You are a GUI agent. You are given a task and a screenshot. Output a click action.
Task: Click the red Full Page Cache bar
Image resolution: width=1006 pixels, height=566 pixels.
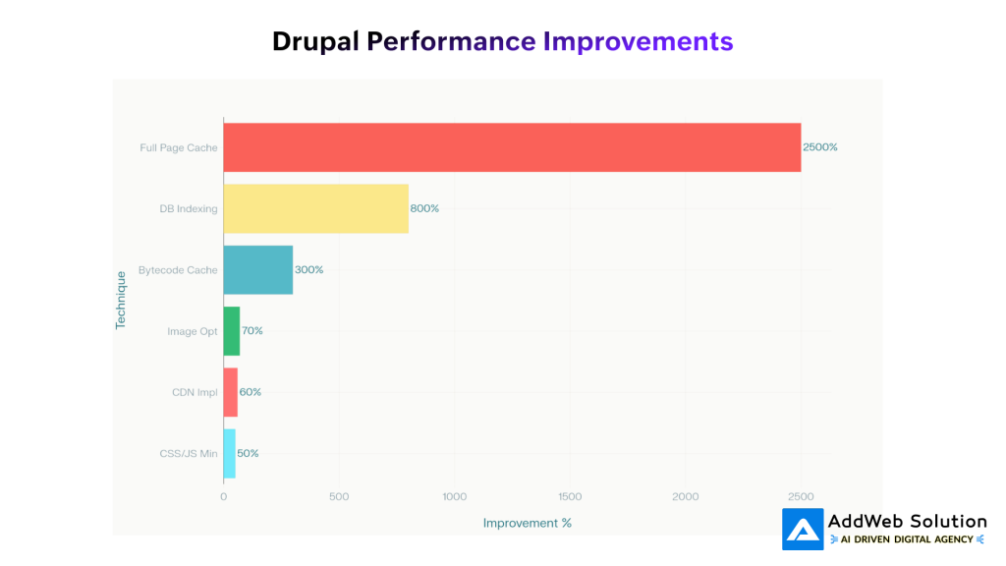[511, 147]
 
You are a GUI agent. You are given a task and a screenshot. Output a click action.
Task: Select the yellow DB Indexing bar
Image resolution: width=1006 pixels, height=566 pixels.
[315, 208]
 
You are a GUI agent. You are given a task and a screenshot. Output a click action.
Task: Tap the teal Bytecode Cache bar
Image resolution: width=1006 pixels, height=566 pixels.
[257, 269]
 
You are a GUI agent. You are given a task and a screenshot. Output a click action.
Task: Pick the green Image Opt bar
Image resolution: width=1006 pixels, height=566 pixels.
[231, 331]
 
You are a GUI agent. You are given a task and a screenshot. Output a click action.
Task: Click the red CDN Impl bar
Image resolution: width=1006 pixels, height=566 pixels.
[230, 392]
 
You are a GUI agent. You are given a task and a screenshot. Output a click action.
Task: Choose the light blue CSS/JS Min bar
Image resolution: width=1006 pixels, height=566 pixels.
[229, 453]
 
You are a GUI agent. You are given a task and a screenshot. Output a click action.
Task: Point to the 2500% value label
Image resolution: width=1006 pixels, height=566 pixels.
[819, 147]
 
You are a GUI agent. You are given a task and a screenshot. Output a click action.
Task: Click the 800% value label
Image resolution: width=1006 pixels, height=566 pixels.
[424, 208]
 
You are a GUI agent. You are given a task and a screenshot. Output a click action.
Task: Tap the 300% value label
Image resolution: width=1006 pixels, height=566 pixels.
[308, 269]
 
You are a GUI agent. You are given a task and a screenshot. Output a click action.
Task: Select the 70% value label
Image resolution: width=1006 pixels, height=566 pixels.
[251, 331]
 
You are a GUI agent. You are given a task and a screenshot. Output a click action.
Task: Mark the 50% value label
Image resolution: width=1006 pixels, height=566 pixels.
[248, 453]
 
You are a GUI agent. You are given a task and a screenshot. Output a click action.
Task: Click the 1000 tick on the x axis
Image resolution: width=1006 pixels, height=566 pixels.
[454, 496]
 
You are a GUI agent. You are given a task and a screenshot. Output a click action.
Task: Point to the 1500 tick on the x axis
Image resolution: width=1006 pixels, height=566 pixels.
[570, 496]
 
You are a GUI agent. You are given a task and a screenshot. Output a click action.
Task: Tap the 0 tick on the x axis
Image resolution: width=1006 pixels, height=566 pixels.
[223, 496]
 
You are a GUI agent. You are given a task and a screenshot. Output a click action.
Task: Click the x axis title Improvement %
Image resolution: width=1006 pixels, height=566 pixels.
[527, 523]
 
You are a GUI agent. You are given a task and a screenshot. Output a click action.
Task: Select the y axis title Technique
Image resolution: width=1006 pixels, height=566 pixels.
[121, 300]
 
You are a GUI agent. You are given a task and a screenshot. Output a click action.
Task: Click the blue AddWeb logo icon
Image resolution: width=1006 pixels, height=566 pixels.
[803, 530]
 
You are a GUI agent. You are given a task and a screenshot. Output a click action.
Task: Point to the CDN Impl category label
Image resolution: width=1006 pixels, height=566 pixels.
[195, 392]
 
